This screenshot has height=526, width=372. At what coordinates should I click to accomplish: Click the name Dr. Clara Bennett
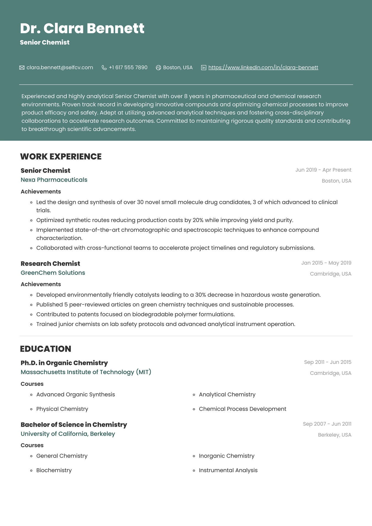[82, 28]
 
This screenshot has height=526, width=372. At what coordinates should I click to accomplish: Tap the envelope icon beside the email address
[22, 68]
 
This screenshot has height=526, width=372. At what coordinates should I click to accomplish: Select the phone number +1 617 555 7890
[128, 68]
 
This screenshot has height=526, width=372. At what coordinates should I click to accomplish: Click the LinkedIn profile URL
[263, 68]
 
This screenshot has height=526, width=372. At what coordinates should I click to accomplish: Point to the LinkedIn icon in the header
[204, 68]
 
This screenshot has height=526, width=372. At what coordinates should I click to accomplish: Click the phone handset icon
[104, 68]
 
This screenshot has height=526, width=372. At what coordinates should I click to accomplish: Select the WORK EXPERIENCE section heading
[61, 156]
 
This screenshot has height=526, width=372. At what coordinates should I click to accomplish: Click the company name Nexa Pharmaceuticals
[54, 180]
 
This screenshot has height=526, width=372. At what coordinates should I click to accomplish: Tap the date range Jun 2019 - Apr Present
[323, 170]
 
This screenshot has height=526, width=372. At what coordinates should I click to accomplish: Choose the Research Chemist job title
[50, 263]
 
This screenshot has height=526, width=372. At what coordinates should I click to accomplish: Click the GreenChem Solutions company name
[53, 273]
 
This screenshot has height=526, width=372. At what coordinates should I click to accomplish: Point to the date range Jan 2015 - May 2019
[326, 263]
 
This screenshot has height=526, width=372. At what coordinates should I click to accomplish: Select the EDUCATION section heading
[45, 349]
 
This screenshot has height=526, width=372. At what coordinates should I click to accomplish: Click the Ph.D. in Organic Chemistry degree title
[64, 363]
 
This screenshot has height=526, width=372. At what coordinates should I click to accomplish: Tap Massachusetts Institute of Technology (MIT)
[86, 372]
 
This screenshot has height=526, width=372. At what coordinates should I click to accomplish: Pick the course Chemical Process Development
[242, 409]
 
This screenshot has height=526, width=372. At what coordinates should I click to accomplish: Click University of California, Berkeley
[68, 434]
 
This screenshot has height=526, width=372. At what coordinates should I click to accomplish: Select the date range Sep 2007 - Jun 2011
[327, 424]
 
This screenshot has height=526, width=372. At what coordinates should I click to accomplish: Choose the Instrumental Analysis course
[228, 470]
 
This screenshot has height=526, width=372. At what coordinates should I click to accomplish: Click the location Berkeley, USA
[335, 435]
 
